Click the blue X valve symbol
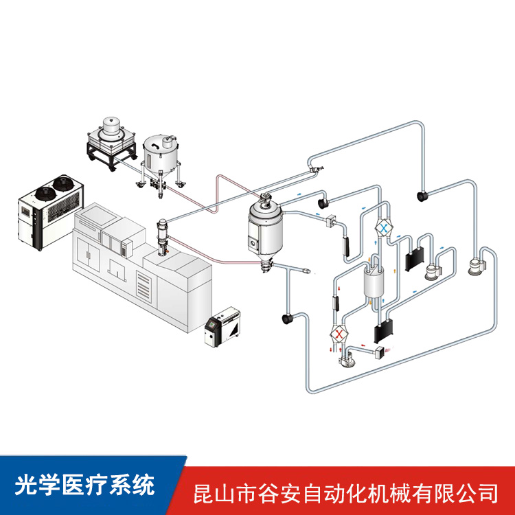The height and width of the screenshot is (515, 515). point(385,227)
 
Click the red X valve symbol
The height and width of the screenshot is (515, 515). point(339,334)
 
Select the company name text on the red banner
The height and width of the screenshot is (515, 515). point(347,492)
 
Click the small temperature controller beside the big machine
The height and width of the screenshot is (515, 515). point(224,328)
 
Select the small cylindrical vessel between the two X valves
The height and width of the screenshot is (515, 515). point(372,284)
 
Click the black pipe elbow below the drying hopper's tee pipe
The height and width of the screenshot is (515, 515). point(285,319)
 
